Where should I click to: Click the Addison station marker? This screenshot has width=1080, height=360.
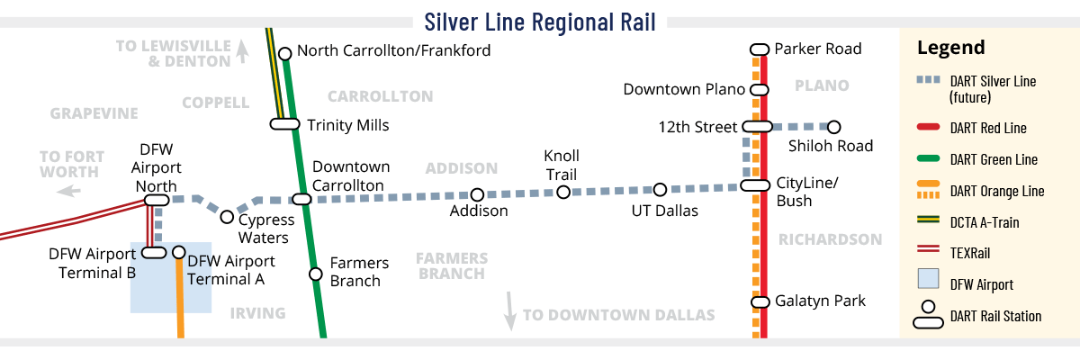(477, 194)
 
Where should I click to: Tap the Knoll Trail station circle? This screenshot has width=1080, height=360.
(563, 192)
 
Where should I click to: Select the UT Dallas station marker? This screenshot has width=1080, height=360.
(660, 189)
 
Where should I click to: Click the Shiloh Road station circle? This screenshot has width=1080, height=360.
(834, 127)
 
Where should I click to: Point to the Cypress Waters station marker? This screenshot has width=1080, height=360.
(227, 217)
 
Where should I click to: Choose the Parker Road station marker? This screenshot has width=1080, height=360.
(759, 49)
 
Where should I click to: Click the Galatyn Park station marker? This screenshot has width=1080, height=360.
(759, 301)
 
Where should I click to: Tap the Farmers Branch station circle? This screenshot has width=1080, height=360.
(315, 274)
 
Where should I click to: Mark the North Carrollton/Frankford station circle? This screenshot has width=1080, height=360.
(284, 53)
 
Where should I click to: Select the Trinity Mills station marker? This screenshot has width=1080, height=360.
(284, 124)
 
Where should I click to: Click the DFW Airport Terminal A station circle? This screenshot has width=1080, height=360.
(178, 253)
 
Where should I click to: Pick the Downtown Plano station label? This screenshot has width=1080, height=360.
(684, 89)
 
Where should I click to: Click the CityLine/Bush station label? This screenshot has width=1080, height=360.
(806, 191)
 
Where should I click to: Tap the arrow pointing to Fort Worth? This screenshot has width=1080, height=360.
(68, 191)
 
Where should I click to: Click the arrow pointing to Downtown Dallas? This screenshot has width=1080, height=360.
(510, 310)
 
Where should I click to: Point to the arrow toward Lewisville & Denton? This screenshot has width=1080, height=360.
(241, 53)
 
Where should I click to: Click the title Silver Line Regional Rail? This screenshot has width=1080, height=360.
(540, 21)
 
